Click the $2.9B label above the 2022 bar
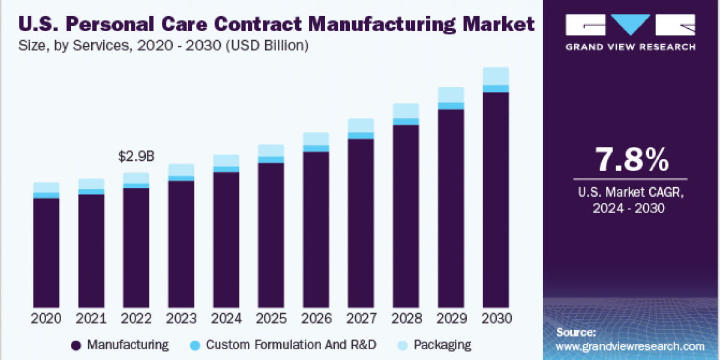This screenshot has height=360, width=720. tap(136, 157)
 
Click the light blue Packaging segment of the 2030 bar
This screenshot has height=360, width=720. tap(496, 76)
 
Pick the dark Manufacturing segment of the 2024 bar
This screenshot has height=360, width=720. tap(226, 240)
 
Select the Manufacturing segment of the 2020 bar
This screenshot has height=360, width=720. tap(46, 252)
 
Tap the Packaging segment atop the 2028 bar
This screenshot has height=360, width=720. tap(406, 110)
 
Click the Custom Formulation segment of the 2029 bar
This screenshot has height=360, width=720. tap(451, 106)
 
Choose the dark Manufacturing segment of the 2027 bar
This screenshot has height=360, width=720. tap(361, 222)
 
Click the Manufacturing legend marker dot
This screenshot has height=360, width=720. tap(76, 346)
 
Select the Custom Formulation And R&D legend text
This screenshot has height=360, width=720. tap(291, 345)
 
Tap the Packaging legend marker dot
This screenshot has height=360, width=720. tap(403, 346)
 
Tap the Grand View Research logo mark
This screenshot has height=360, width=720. tap(630, 25)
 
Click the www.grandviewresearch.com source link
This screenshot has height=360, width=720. tap(630, 346)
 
